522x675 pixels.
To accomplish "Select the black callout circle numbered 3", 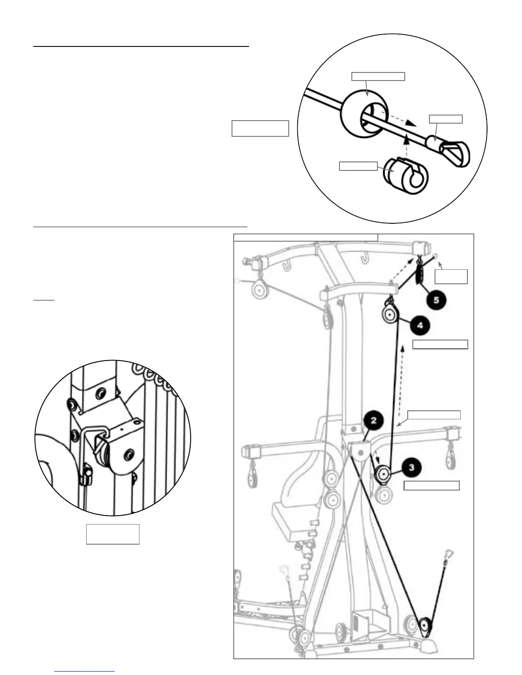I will [x=411, y=467].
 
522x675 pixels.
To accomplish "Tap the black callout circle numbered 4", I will [x=420, y=326].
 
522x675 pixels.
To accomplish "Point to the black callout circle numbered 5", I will [x=436, y=300].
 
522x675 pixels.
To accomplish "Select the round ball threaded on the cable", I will [x=365, y=115].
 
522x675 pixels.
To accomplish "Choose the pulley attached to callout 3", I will [x=383, y=473].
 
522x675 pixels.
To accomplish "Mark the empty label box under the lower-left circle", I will [x=113, y=534].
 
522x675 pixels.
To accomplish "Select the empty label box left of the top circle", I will [x=260, y=128].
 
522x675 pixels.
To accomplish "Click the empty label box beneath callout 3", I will [x=432, y=485].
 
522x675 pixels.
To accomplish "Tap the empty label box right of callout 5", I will [x=451, y=277].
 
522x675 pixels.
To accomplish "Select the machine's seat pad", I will [x=294, y=521].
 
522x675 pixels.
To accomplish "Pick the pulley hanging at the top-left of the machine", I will [x=259, y=291].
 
